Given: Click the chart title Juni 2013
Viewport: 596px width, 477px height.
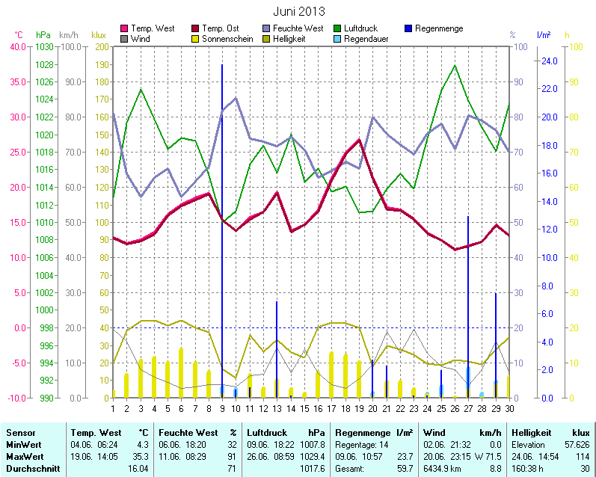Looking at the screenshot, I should point(299,12).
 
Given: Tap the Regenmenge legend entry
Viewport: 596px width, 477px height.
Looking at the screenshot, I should point(438,28).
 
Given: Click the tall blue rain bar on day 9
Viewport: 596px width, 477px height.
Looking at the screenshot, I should point(222,224).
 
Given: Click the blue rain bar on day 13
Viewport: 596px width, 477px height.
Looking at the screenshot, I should point(277,348).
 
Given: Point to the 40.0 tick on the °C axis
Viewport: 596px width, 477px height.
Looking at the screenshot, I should point(17,46).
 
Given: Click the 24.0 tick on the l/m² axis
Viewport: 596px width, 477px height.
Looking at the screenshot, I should point(549,61).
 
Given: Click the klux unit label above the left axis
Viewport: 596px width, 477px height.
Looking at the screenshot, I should point(98,35).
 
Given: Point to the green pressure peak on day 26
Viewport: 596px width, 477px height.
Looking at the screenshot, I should point(455,66).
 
